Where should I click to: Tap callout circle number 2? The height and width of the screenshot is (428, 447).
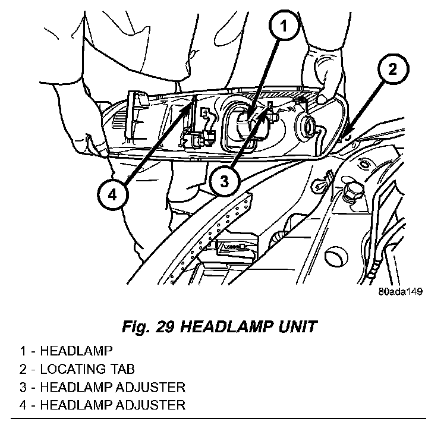pyautogui.click(x=392, y=70)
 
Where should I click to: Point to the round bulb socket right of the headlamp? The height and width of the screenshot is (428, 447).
pyautogui.click(x=310, y=126)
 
